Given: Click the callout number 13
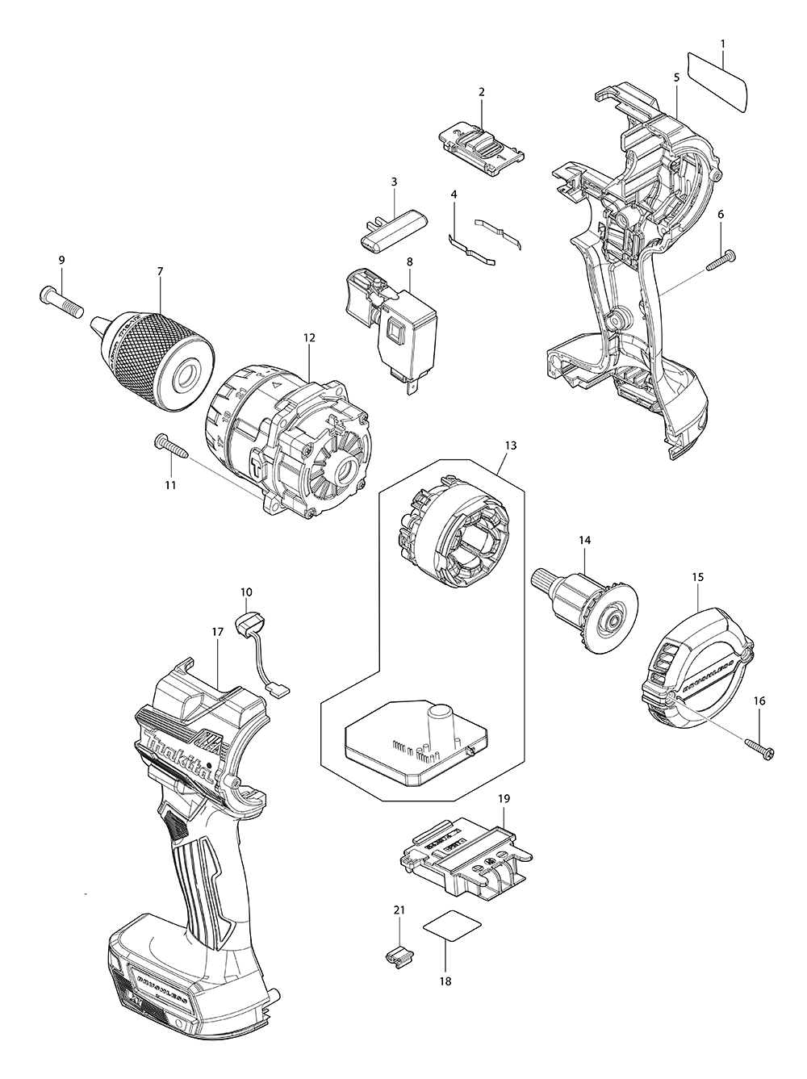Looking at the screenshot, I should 509,445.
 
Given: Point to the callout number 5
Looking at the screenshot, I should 675,78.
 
